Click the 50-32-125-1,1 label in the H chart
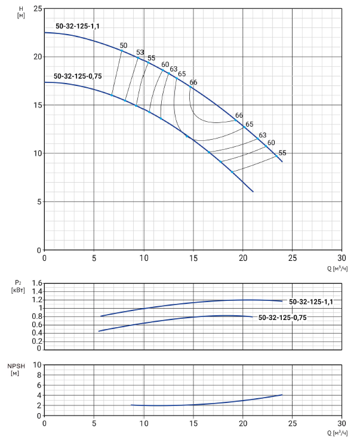[x=78, y=26]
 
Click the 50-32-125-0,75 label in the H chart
[x=77, y=76]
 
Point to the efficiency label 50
[x=124, y=45]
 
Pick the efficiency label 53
[x=140, y=53]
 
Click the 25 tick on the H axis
[x=38, y=9]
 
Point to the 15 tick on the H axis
[x=38, y=105]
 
